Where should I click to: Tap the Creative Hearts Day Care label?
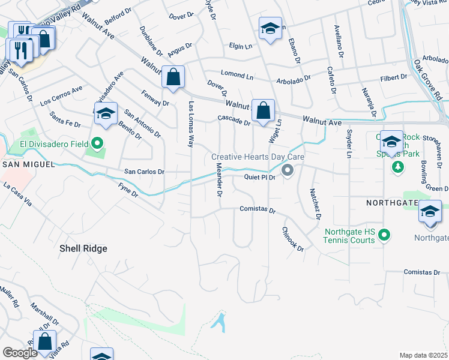pos(258,157)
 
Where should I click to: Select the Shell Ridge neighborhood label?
pos(83,248)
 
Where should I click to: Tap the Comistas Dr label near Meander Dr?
pos(257,211)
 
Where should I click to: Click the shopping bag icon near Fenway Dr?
pos(173,77)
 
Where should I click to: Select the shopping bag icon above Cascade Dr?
pos(263,110)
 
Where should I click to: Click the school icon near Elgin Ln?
pos(271,28)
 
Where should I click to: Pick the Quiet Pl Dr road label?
pos(259,178)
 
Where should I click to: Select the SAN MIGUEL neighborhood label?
pos(29,164)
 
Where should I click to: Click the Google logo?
pos(20,353)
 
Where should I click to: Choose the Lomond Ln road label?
pos(237,75)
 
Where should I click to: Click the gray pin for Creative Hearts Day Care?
pos(288,171)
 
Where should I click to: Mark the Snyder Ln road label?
pos(348,145)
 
